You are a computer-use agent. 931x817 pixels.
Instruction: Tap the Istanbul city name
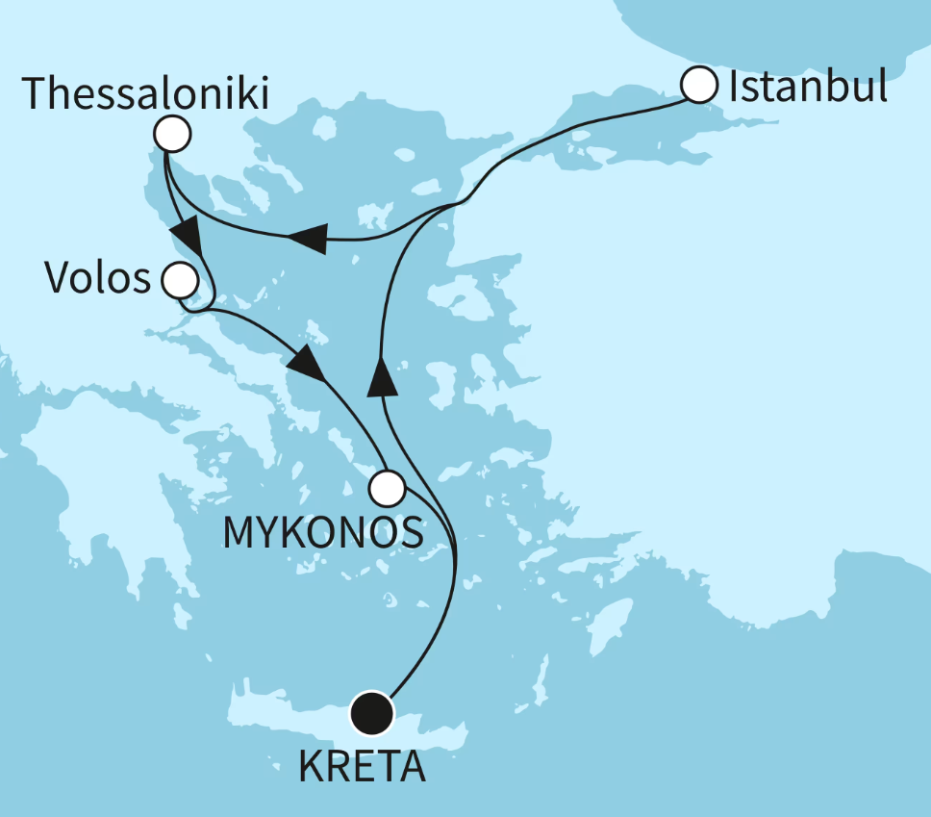(807, 88)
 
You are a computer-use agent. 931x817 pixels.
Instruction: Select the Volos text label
(98, 279)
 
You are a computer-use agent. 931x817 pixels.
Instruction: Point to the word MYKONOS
(323, 532)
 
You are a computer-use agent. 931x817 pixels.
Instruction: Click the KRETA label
(361, 767)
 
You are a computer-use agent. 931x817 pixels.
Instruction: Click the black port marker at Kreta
(372, 713)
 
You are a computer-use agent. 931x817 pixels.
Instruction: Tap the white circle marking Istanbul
(699, 86)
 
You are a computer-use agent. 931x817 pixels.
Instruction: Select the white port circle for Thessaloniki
(172, 135)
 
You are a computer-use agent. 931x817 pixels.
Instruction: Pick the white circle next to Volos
(180, 281)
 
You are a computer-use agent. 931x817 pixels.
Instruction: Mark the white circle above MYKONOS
(388, 488)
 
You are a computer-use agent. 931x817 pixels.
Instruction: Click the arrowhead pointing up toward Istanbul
(382, 374)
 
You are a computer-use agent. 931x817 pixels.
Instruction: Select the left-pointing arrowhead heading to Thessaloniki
(308, 238)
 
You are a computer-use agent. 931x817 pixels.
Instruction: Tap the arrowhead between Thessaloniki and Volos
(186, 235)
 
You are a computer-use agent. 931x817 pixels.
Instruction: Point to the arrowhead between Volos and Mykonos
(307, 363)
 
